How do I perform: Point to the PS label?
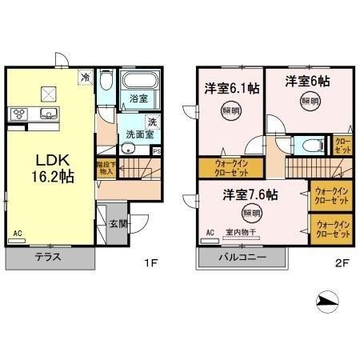pos(157,151)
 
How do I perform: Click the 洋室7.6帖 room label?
pos(250,194)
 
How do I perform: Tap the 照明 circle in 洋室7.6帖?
pos(251,213)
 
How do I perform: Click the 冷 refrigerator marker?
pos(85,78)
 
